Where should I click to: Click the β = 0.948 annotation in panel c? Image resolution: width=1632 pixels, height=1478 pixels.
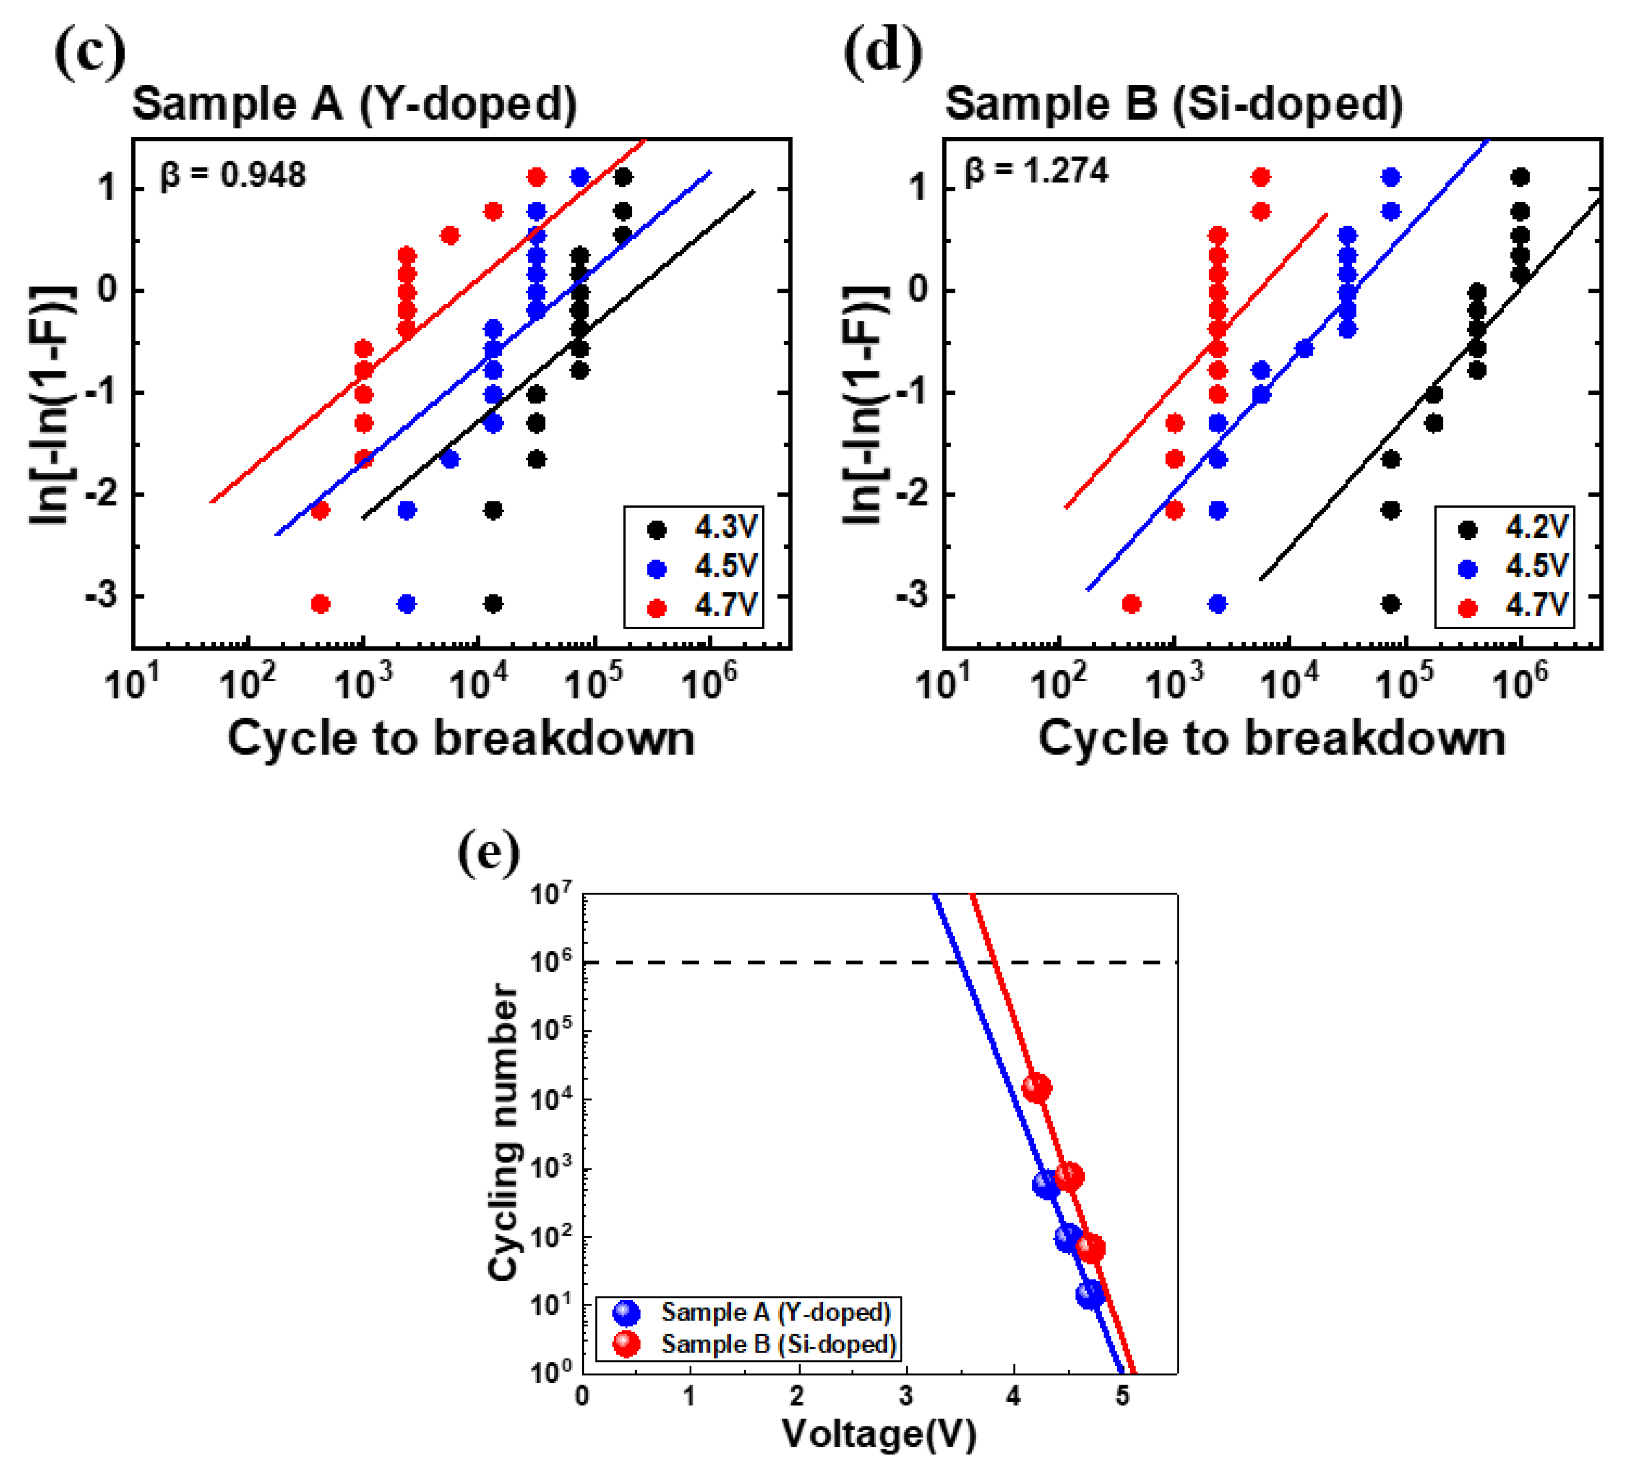[233, 175]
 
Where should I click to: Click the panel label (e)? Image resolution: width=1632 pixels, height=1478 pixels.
[488, 853]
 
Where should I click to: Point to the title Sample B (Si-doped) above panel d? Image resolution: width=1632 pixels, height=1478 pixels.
[1174, 104]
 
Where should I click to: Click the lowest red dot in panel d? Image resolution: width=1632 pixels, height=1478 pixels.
[1132, 604]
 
